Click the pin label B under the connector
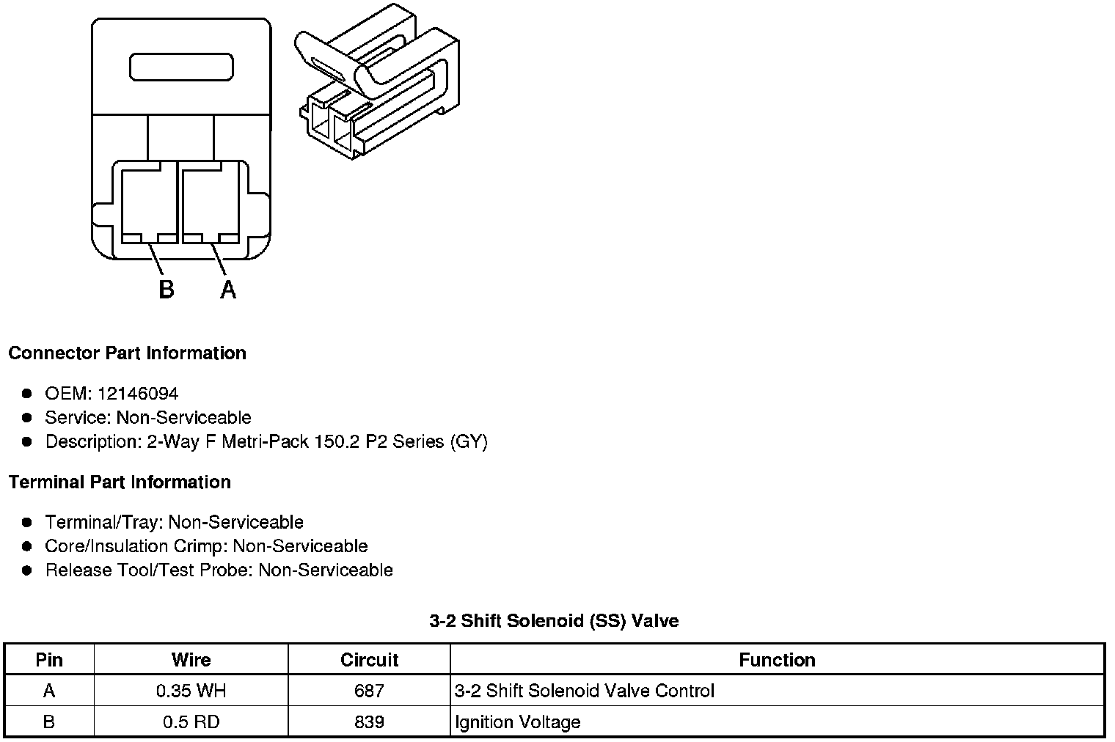[x=167, y=290]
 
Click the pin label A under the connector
[x=228, y=290]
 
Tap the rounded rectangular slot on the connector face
[x=181, y=67]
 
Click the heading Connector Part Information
[x=127, y=353]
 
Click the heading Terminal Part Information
[x=120, y=482]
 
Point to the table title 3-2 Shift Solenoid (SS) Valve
[x=554, y=621]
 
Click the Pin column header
[x=49, y=660]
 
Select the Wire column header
[x=191, y=660]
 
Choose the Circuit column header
[x=369, y=660]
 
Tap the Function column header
[x=777, y=660]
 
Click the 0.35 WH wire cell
[x=191, y=691]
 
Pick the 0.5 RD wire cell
[x=191, y=722]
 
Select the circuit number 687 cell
[x=369, y=691]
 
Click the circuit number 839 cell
[x=369, y=722]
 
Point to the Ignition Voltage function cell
[x=518, y=722]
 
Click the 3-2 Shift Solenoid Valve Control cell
[x=584, y=691]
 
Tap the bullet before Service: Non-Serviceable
[x=27, y=418]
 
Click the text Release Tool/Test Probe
[x=149, y=570]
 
